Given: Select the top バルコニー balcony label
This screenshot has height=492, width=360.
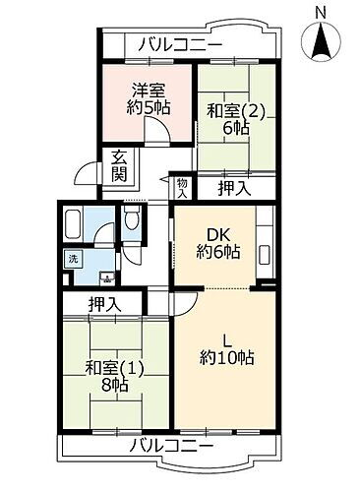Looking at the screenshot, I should (x=180, y=44).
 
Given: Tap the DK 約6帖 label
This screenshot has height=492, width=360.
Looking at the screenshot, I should (x=213, y=242).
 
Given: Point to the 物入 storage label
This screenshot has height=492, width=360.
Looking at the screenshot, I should (x=182, y=186).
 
